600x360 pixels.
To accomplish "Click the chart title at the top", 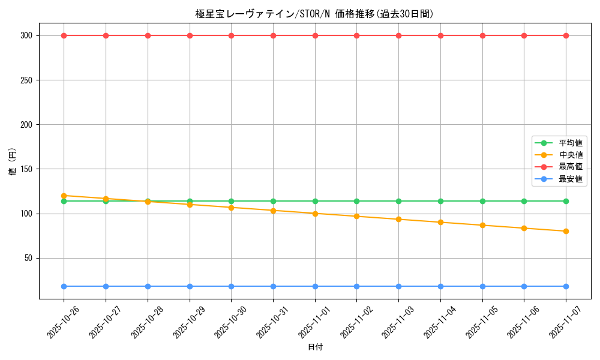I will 314,14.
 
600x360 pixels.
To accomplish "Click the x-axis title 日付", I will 315,347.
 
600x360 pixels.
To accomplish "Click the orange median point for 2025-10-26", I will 64,196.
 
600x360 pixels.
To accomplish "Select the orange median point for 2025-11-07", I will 566,231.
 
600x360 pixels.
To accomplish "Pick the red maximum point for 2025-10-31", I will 273,35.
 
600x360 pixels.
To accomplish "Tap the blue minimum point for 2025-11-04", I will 440,286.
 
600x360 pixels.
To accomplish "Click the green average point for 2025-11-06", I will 524,201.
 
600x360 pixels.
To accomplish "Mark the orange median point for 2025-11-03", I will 398,219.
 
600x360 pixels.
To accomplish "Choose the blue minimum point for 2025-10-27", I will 106,286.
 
